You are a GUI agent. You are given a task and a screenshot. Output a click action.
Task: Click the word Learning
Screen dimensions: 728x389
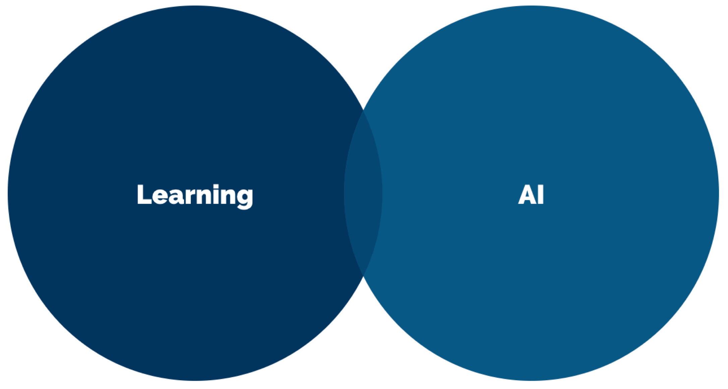(x=195, y=195)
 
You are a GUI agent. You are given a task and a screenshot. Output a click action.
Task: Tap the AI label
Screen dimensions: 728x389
(x=531, y=195)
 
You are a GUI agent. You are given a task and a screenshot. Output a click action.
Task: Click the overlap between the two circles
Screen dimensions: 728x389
(x=363, y=193)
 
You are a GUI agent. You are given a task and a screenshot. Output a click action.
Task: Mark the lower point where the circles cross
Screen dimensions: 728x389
(x=363, y=276)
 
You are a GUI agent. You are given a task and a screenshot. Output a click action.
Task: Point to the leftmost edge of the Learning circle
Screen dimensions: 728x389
(x=8, y=193)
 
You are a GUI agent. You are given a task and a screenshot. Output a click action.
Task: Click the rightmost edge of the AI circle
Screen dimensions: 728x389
(x=718, y=193)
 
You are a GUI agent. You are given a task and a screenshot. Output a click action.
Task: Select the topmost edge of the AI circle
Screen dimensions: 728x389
(x=531, y=6)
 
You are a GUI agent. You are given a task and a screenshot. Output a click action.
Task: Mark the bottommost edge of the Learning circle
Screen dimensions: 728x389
(x=195, y=380)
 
